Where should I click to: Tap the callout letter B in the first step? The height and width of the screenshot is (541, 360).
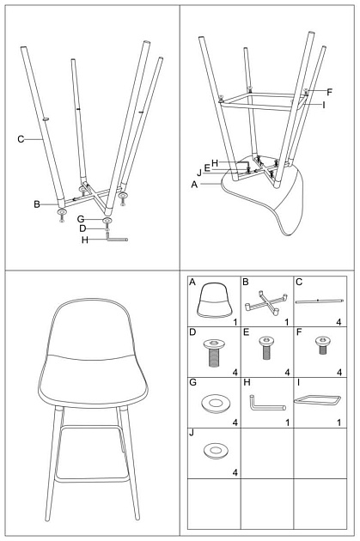(38, 204)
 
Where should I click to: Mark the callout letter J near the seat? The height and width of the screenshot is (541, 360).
(200, 174)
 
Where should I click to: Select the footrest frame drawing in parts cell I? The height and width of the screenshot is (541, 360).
(318, 400)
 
